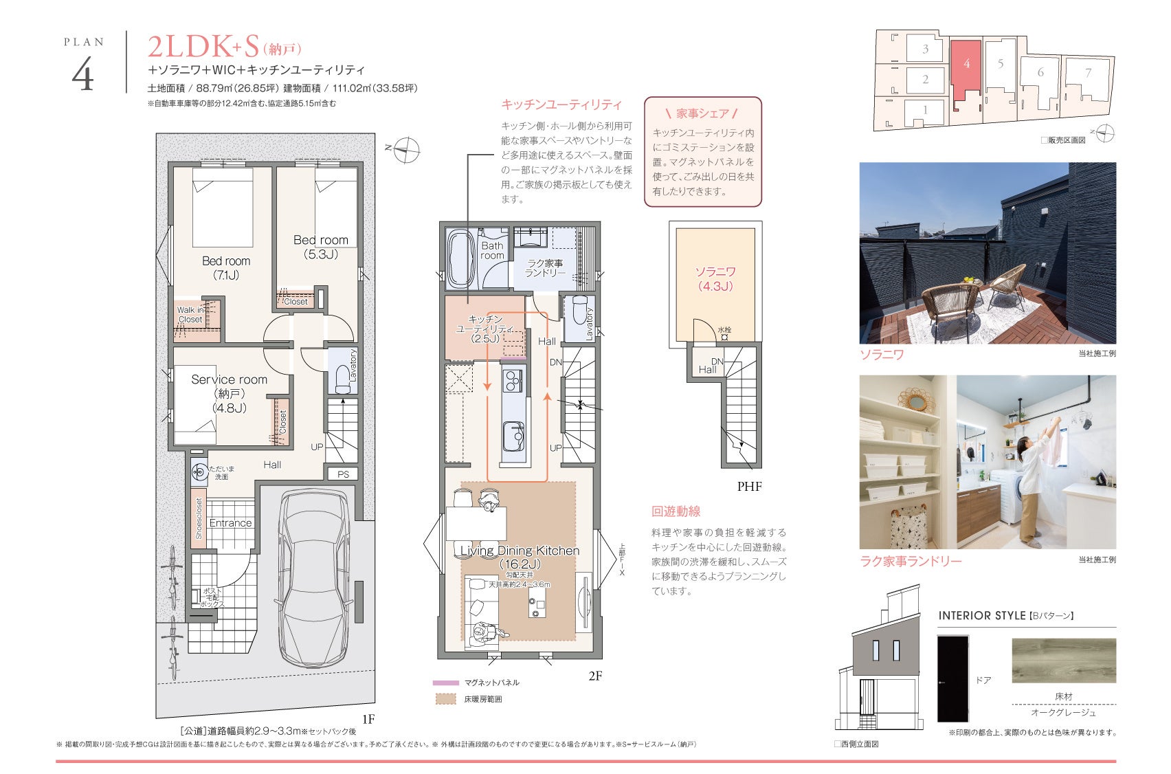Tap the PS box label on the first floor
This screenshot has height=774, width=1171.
click(x=343, y=474)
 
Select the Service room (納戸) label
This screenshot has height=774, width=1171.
click(x=229, y=393)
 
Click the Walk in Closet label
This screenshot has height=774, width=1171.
click(x=190, y=314)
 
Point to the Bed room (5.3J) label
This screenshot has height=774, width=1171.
click(x=320, y=247)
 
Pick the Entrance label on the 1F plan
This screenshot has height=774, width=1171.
click(x=230, y=523)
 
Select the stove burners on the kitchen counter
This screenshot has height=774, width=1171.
click(x=512, y=381)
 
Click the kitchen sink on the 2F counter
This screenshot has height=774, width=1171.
click(x=513, y=436)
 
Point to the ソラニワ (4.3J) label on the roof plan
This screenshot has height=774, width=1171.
click(x=715, y=279)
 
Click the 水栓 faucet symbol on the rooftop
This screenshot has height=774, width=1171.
click(x=724, y=337)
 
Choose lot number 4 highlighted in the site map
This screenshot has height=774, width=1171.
click(x=966, y=63)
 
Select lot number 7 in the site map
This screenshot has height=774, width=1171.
click(x=1088, y=74)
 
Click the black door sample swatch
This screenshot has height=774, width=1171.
click(x=952, y=678)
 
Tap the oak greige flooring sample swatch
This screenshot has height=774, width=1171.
click(x=1064, y=660)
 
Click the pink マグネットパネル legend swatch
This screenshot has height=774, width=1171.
click(x=445, y=683)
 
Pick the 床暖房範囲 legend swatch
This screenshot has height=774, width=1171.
click(x=446, y=698)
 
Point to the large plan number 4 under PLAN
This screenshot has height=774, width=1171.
click(x=82, y=74)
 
